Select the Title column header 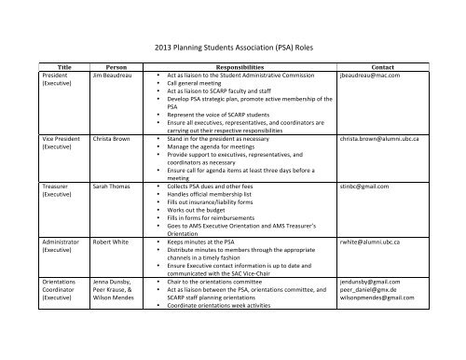pyautogui.click(x=64, y=67)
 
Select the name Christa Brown pyautogui.click(x=113, y=137)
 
